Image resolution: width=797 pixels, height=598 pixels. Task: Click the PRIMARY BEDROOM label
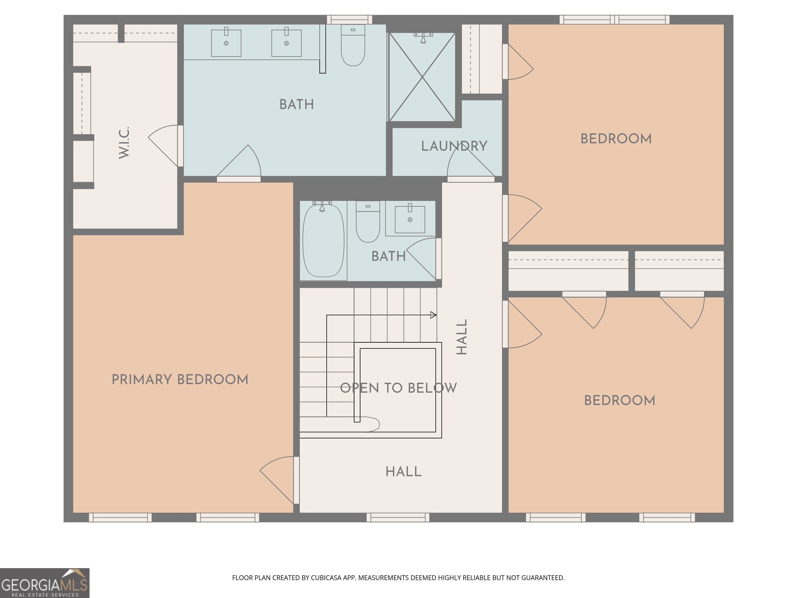point(180,379)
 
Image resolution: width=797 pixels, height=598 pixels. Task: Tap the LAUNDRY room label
point(454,146)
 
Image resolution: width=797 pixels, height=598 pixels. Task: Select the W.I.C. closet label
point(124,142)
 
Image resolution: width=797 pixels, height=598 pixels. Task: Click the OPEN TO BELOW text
point(398,388)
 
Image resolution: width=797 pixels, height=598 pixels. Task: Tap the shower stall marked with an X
point(422,77)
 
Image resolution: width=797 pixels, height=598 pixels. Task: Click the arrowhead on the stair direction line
point(434,315)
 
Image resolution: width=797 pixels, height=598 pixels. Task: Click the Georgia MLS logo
point(45,583)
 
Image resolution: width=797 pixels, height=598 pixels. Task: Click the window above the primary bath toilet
point(349,19)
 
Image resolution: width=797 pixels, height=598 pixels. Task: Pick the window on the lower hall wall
point(398,517)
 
